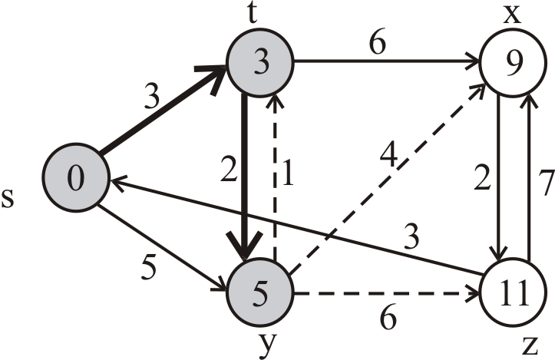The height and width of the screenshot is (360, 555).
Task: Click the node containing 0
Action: coord(75,178)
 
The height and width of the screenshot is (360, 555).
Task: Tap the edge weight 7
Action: coord(544,184)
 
